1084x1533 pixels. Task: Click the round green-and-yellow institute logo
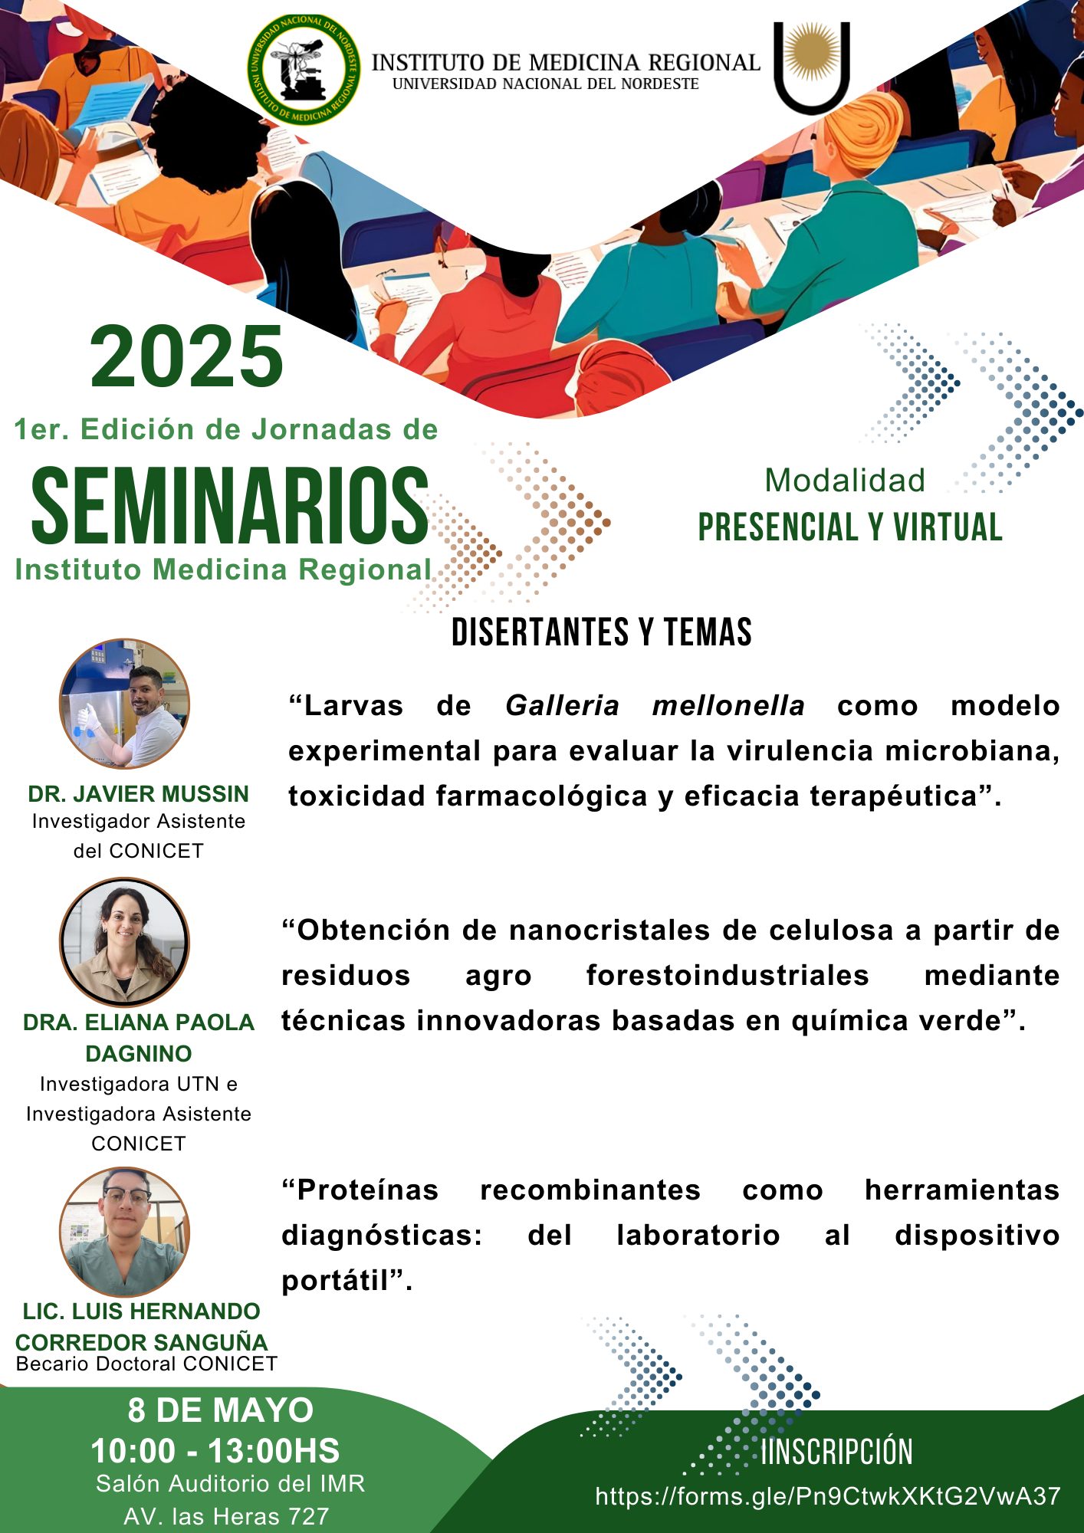click(x=304, y=69)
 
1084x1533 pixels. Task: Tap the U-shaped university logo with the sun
click(x=812, y=67)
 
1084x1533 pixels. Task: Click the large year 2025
click(x=187, y=356)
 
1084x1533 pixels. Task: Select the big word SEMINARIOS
click(x=229, y=506)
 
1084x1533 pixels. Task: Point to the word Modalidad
click(x=845, y=481)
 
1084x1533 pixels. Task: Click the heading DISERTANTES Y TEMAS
click(x=602, y=632)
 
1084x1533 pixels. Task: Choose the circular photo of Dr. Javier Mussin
click(x=124, y=704)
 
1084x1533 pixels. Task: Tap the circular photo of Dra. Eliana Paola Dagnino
click(x=124, y=942)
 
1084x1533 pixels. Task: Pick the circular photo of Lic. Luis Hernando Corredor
click(x=124, y=1232)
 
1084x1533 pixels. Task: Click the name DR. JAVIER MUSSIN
click(x=139, y=794)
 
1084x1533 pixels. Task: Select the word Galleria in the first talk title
click(x=562, y=705)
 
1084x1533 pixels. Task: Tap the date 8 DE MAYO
click(x=221, y=1410)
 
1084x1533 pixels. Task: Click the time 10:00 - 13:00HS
click(x=215, y=1451)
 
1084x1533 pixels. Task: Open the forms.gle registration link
click(x=828, y=1496)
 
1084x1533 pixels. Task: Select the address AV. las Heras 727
click(x=226, y=1517)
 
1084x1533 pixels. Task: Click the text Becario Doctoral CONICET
click(x=146, y=1364)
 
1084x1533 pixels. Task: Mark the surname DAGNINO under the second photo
click(x=139, y=1054)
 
